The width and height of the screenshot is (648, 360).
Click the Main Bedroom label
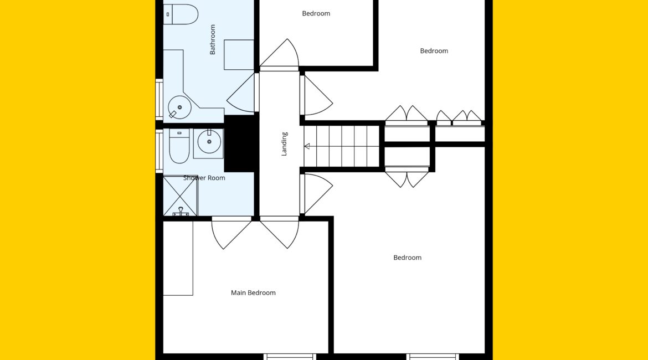click(253, 292)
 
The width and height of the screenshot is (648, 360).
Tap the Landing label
click(284, 144)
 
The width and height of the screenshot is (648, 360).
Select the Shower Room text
click(204, 178)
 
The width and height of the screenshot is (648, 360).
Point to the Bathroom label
click(213, 39)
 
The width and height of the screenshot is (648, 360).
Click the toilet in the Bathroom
click(181, 14)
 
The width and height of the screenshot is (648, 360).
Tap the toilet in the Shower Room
click(179, 146)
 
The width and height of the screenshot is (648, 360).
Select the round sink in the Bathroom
click(179, 107)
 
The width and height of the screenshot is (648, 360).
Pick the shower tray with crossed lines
click(181, 196)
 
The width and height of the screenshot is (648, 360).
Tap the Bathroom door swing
click(241, 93)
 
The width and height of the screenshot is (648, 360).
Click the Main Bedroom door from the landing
click(279, 233)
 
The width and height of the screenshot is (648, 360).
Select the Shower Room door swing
click(232, 233)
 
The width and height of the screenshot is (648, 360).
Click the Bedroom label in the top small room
click(316, 13)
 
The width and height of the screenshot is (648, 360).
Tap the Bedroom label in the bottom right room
click(408, 258)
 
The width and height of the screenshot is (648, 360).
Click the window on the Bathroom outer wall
click(159, 99)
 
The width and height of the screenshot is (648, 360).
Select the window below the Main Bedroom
click(290, 357)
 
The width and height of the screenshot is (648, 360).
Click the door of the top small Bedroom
click(279, 53)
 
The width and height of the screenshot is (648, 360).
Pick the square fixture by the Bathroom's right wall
click(239, 55)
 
